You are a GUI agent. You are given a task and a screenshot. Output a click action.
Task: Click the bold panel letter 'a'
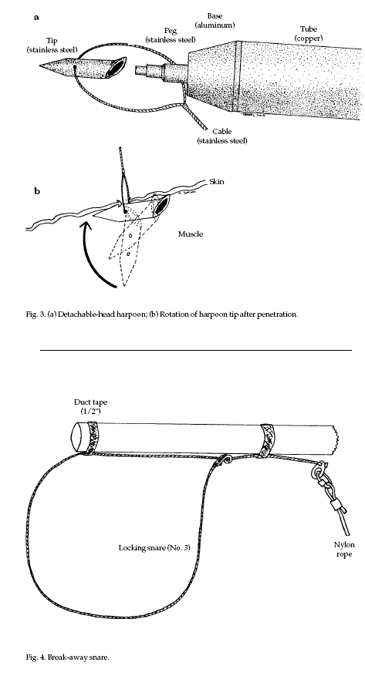coord(37,18)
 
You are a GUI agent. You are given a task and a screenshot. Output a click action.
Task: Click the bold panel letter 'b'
coord(37,190)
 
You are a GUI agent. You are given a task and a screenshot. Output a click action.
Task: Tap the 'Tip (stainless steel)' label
coord(52,45)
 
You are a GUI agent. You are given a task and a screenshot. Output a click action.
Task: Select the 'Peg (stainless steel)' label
coord(171,35)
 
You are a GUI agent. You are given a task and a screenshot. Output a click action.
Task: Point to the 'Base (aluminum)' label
coord(215,20)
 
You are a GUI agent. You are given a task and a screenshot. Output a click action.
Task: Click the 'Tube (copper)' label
coord(309,33)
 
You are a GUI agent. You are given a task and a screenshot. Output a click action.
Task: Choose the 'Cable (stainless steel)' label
coord(222,136)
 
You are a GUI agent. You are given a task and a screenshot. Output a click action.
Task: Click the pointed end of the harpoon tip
coord(41,66)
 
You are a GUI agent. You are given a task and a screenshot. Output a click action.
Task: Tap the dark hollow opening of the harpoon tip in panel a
coord(116,67)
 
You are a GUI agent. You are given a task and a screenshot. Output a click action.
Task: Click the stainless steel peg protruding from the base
coord(161,69)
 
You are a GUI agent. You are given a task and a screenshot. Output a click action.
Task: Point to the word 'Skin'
coord(217,181)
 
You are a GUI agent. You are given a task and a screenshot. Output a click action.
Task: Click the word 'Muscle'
coord(191,234)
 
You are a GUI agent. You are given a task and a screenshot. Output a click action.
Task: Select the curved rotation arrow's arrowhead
coord(87,226)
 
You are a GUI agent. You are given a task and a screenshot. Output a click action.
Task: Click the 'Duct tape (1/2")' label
coord(90,406)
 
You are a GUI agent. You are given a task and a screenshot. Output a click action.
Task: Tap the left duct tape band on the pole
coord(92,438)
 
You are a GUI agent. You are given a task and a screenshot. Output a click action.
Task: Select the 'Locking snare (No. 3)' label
coord(154,548)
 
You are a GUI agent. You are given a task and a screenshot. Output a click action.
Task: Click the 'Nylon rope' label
coord(344,550)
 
